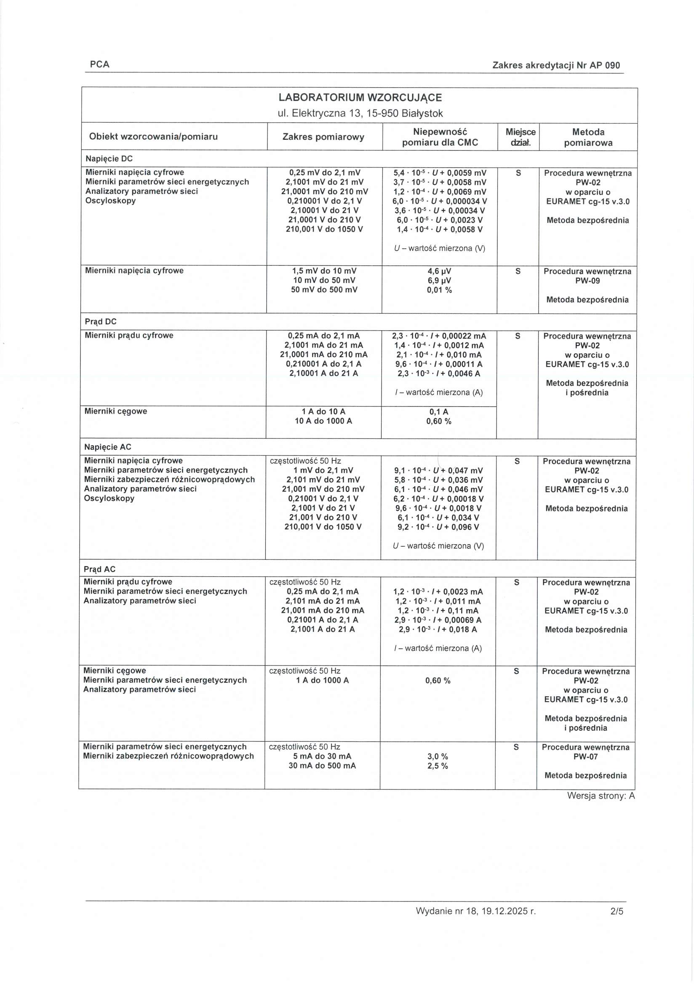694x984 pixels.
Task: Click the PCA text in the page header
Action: click(100, 64)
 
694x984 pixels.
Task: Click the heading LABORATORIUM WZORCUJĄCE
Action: click(360, 97)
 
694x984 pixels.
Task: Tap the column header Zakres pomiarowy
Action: click(323, 137)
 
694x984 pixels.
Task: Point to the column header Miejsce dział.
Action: click(520, 137)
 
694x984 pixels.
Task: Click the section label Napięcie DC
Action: click(109, 158)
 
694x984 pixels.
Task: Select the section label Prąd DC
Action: click(101, 321)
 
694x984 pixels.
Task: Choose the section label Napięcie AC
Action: click(107, 447)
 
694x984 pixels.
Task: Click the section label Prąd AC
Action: click(99, 569)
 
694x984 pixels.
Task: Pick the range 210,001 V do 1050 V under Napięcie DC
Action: click(324, 229)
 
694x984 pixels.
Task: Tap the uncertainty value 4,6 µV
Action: click(439, 271)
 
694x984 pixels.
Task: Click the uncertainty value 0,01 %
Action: click(439, 290)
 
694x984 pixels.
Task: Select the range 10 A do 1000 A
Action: click(323, 421)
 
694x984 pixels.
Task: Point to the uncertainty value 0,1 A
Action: click(439, 412)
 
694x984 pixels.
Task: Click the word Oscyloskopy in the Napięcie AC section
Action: click(109, 498)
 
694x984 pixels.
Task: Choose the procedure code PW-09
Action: click(587, 281)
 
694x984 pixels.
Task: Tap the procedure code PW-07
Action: click(586, 757)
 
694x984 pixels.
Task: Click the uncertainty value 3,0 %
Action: click(438, 757)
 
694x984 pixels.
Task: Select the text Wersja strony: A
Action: click(601, 796)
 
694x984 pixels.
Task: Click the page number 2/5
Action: click(617, 923)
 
